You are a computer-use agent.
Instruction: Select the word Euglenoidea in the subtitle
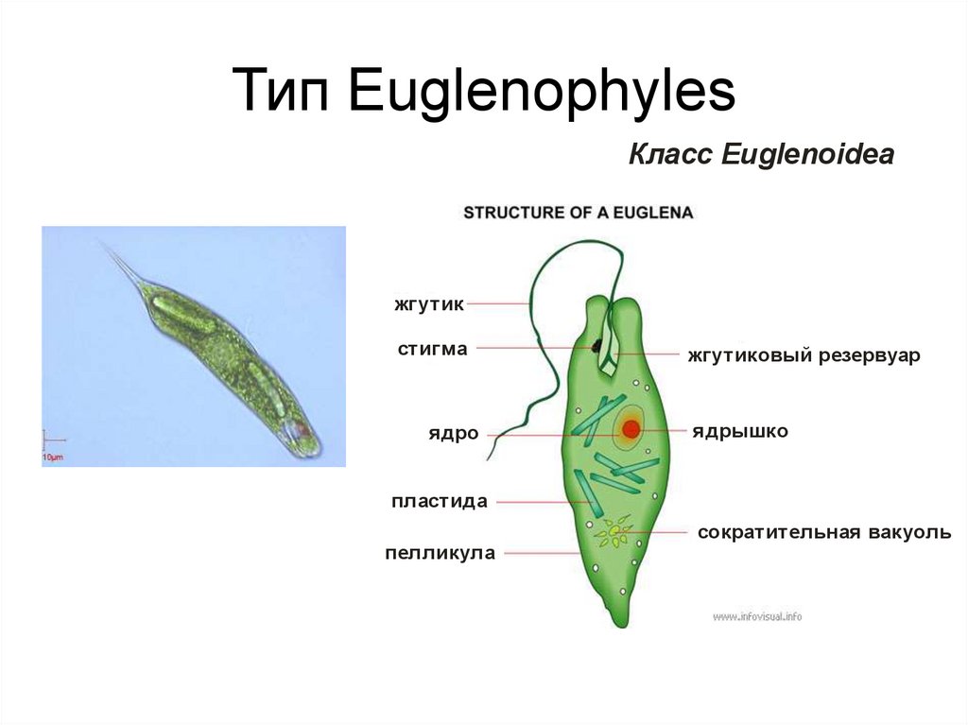pos(807,155)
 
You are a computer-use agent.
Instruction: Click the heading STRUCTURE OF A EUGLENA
pos(579,213)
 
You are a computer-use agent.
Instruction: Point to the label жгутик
pos(430,304)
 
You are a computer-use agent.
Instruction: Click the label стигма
pos(432,349)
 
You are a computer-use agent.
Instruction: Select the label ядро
pos(452,434)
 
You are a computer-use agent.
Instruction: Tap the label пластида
pos(440,501)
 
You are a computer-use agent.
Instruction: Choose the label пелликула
pos(440,553)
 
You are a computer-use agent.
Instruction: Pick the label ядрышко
pos(739,431)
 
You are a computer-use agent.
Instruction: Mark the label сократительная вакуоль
pos(824,532)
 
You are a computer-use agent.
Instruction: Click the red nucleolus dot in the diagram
pos(631,430)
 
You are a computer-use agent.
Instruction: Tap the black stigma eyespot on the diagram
pos(598,348)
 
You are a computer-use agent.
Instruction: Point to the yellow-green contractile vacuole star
pos(615,534)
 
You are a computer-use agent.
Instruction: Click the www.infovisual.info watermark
pos(757,617)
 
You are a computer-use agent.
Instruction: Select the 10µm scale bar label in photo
pos(52,457)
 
